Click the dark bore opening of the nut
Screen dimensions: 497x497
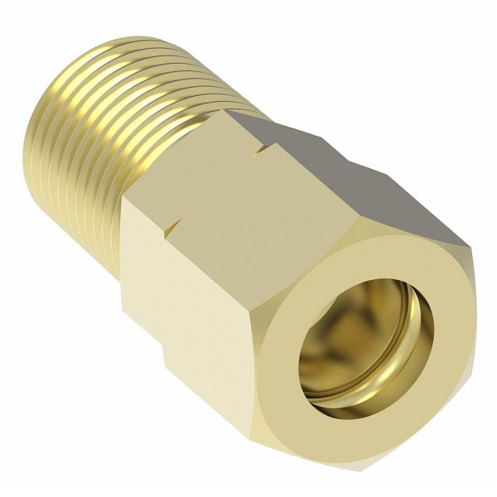pos(364,331)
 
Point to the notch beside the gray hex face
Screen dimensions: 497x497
pos(268,149)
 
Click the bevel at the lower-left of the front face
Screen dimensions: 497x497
pos(273,389)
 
